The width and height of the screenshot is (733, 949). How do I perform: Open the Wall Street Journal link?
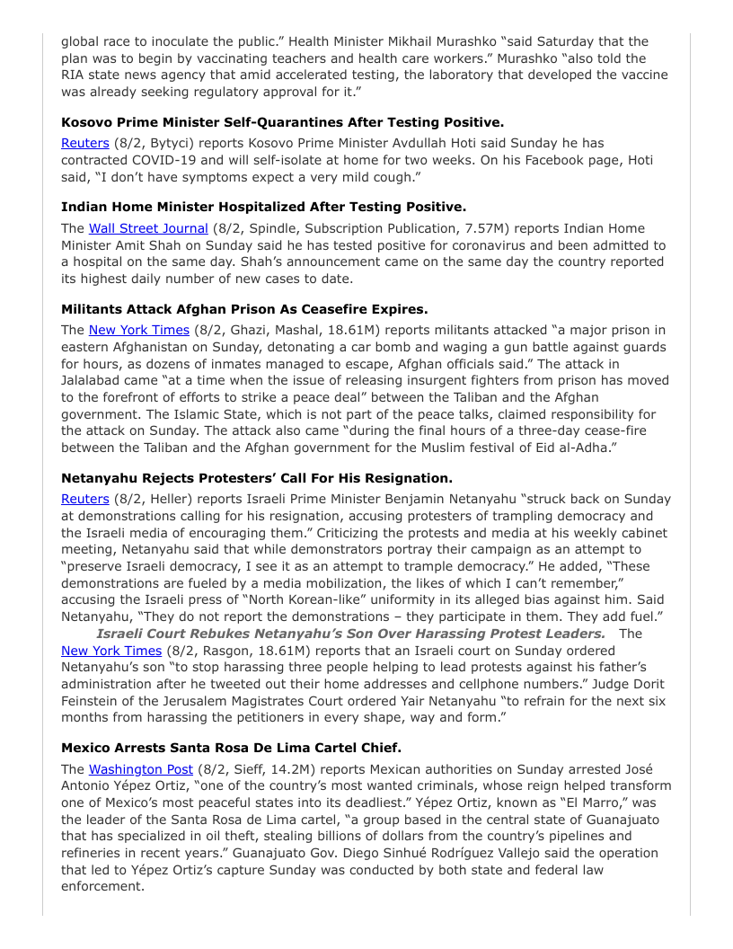147,228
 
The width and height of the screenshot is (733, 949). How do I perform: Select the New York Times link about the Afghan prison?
138,330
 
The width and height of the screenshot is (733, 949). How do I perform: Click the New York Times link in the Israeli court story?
111,651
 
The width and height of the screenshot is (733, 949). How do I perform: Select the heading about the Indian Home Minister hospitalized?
263,207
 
